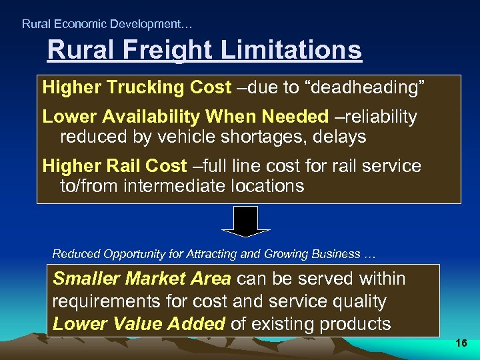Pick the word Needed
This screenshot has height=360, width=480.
pos(295,117)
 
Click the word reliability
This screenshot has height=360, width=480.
pos(381,117)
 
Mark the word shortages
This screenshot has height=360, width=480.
pos(274,137)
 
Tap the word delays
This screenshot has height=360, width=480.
pos(342,137)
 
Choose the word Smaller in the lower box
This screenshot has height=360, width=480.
pos(86,279)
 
